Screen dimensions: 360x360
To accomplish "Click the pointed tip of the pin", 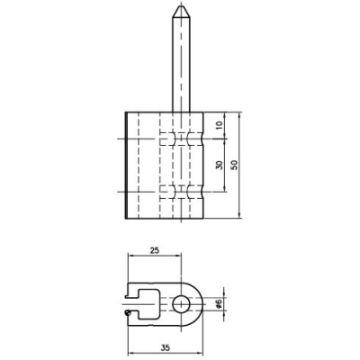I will (x=176, y=6).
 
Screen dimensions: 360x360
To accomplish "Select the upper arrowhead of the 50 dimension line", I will (x=239, y=113).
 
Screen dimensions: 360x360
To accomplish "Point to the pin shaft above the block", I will (x=176, y=63).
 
